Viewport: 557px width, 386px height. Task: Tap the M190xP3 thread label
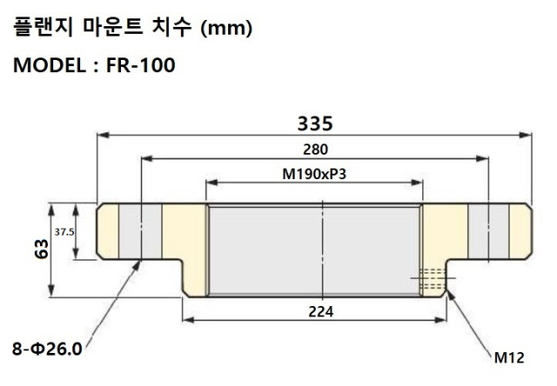coord(313,173)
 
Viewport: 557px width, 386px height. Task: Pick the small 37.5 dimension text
coord(64,232)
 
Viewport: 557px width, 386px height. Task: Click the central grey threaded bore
coord(313,250)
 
